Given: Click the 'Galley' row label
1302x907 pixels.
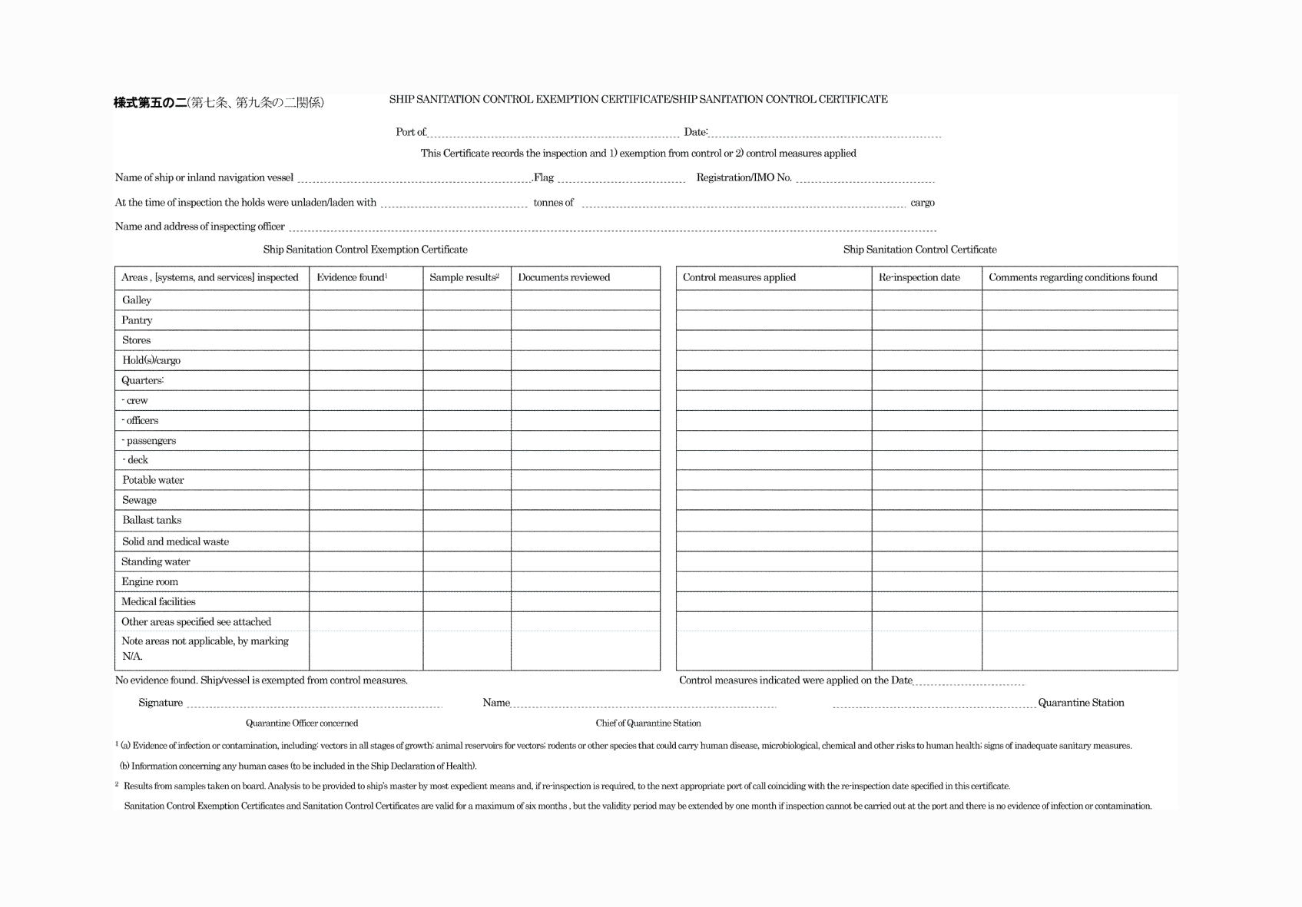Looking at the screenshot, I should [137, 300].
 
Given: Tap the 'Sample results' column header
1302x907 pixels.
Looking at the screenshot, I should [464, 277].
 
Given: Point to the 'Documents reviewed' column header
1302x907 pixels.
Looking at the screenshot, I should [564, 277].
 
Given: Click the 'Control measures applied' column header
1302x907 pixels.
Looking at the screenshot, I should [739, 277].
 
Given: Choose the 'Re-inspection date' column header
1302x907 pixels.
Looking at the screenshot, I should [919, 277].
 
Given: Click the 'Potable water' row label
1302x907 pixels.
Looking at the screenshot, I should [153, 480].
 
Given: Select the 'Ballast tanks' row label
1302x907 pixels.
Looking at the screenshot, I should [151, 520].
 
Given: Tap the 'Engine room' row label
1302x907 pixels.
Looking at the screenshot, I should [150, 581].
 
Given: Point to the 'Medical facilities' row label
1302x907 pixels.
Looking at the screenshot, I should [158, 601].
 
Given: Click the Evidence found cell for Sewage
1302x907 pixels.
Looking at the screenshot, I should [366, 500].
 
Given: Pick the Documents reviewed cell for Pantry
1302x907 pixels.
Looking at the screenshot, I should [585, 320].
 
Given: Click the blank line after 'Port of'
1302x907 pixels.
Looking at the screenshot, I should [553, 133].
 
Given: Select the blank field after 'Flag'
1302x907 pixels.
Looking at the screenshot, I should [621, 178].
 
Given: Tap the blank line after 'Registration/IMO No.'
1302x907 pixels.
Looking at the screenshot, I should [865, 178].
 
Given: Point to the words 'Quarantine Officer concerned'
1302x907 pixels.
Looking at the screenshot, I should [302, 723].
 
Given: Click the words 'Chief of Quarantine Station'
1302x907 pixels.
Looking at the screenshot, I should [648, 723].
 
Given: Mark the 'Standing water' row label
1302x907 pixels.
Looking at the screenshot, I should [156, 561].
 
